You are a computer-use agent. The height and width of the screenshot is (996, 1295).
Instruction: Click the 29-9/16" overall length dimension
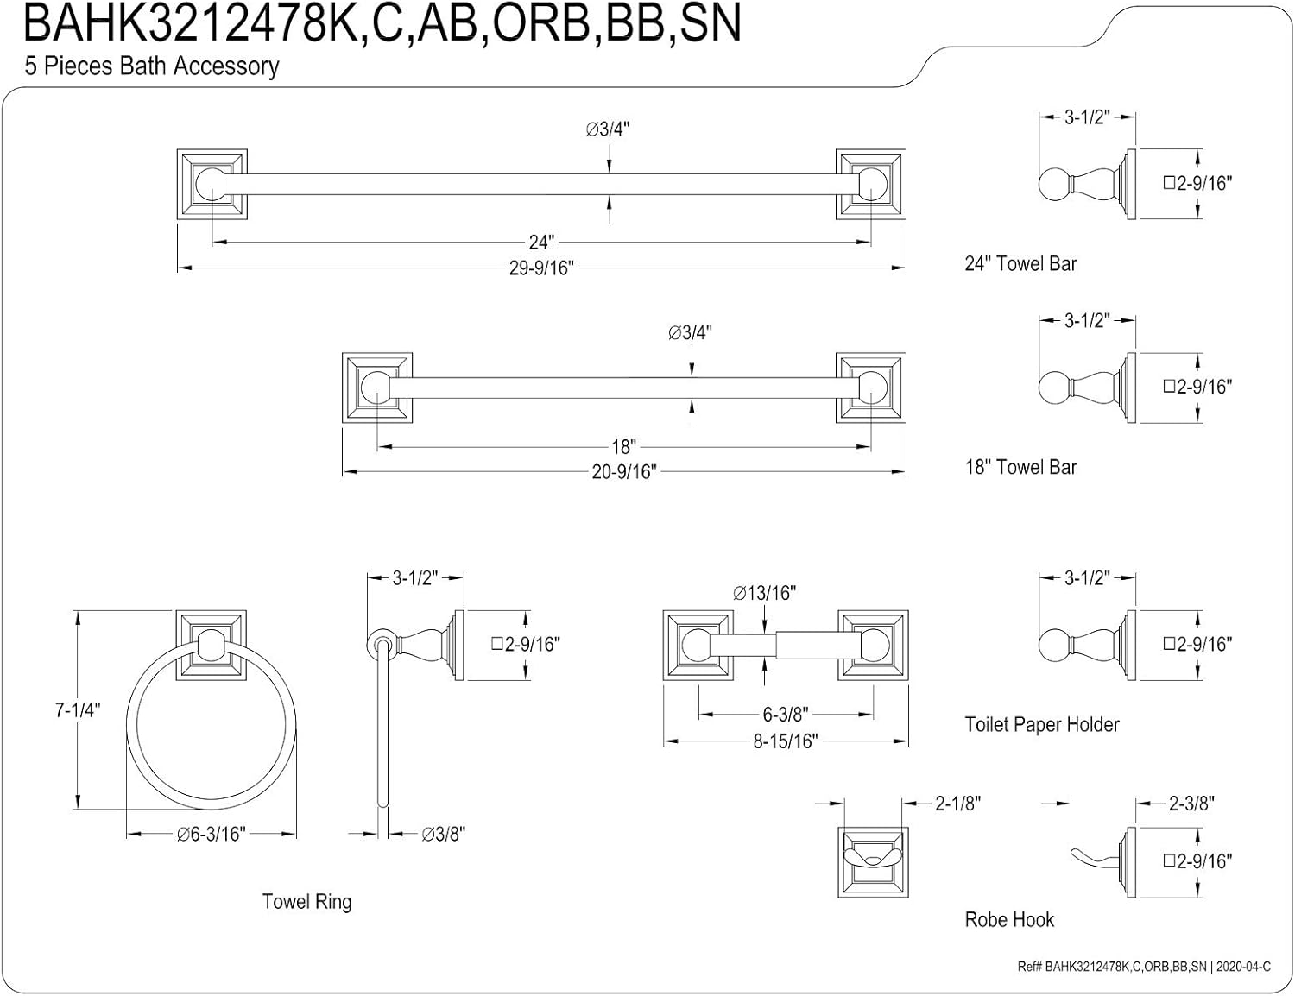click(540, 268)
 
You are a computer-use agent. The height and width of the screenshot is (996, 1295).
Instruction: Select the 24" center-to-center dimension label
click(540, 243)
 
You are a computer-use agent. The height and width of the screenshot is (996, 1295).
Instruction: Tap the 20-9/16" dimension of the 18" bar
click(623, 472)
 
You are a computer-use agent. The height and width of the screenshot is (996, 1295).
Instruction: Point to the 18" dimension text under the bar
click(623, 447)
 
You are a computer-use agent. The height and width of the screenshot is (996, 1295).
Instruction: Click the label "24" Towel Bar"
click(1020, 264)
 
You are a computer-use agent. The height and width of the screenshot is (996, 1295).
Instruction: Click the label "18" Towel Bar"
click(1020, 468)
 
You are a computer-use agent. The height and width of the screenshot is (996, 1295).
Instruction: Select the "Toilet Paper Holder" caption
click(1041, 725)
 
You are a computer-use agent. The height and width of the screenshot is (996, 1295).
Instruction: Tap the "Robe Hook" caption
click(1009, 920)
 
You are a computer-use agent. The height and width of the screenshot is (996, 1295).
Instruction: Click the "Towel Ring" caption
click(306, 902)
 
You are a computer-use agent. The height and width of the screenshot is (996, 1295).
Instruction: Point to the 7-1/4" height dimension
click(78, 710)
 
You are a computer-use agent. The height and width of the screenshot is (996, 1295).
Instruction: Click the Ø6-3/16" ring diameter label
click(212, 834)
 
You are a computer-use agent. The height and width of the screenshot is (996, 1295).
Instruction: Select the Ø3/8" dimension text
click(444, 834)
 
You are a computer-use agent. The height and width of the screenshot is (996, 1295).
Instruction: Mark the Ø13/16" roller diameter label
click(764, 593)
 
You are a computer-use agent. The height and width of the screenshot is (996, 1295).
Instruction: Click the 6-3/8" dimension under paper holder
click(785, 715)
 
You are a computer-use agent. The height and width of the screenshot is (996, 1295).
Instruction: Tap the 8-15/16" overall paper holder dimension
click(785, 741)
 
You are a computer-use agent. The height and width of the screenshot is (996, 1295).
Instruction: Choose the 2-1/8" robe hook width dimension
click(958, 804)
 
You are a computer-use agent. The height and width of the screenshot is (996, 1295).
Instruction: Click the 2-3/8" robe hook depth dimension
click(1191, 804)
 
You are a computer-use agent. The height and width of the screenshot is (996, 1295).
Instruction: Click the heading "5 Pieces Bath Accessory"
click(152, 66)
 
